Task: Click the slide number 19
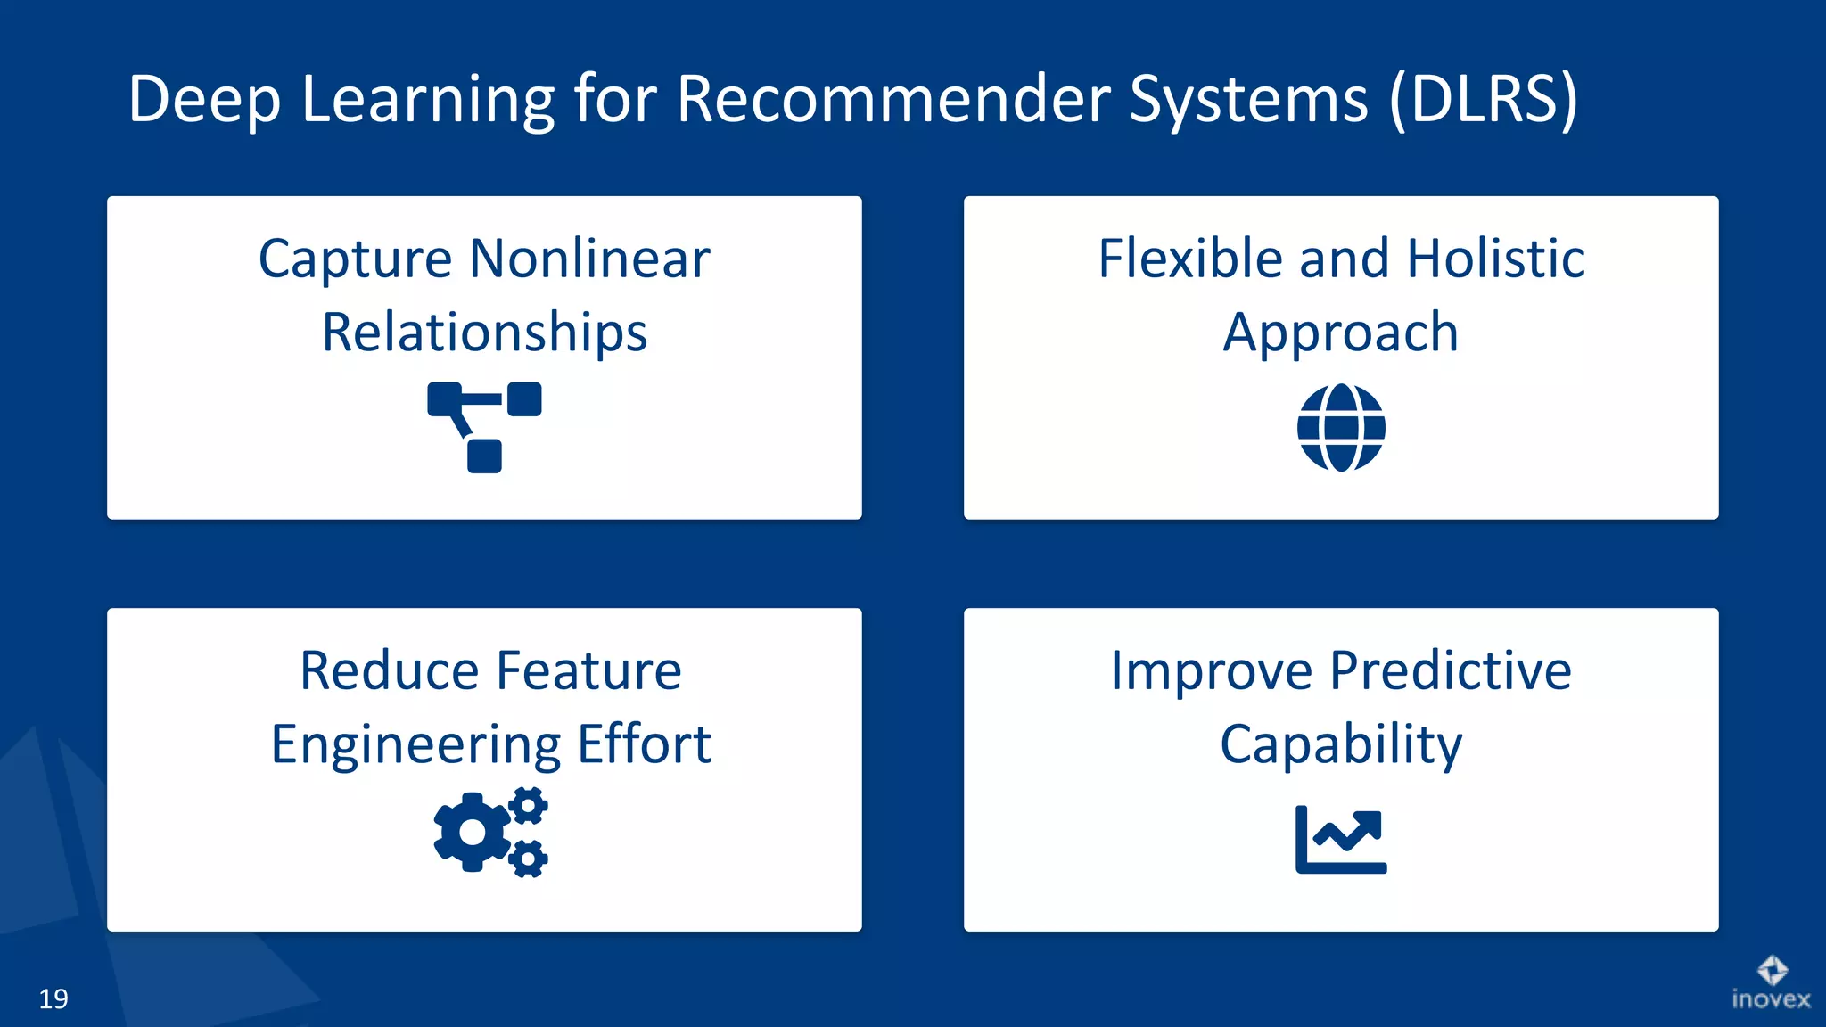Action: [x=53, y=998]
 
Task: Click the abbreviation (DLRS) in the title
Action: [x=1483, y=99]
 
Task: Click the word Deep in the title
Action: [x=205, y=101]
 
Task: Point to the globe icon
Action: [x=1341, y=428]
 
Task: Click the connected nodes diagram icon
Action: [x=484, y=427]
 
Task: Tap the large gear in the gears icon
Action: [x=472, y=832]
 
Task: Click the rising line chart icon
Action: [x=1341, y=839]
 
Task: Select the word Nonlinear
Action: [x=589, y=259]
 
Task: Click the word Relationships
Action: [x=484, y=333]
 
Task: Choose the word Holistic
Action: [x=1495, y=259]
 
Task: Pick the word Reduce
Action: [x=389, y=671]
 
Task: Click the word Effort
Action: [x=644, y=744]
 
